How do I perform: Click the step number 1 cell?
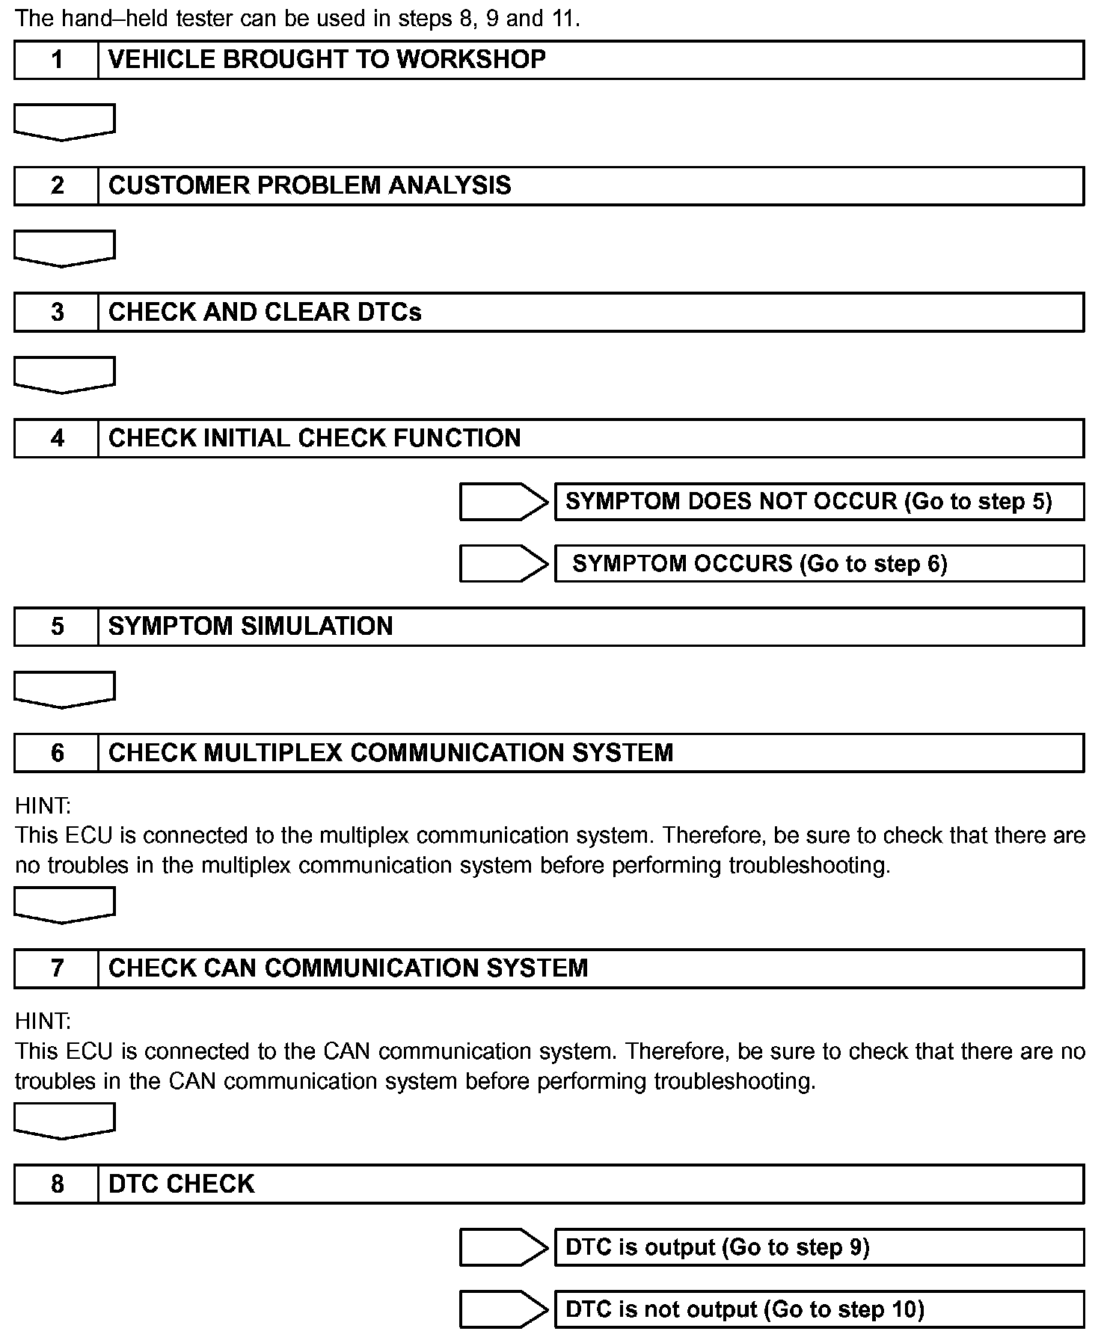[x=57, y=60]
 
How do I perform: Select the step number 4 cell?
[x=57, y=438]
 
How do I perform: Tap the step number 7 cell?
[x=57, y=968]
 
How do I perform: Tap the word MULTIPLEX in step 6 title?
[x=273, y=752]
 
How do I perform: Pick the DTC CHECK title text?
[x=182, y=1184]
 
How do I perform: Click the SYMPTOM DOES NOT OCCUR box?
[x=819, y=501]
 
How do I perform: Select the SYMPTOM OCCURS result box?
[x=819, y=564]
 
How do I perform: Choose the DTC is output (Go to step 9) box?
[x=819, y=1247]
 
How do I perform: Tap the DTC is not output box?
[x=819, y=1309]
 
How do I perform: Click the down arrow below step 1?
[x=64, y=122]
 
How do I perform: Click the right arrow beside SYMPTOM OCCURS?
[x=503, y=564]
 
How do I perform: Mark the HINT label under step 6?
[x=43, y=805]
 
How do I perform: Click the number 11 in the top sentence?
[x=565, y=19]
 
